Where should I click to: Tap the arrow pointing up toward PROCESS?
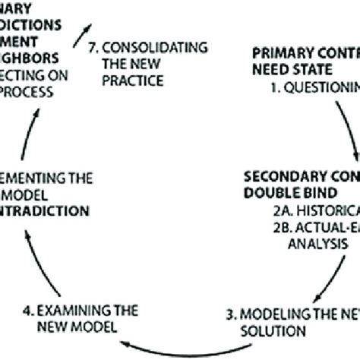pyautogui.click(x=38, y=129)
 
